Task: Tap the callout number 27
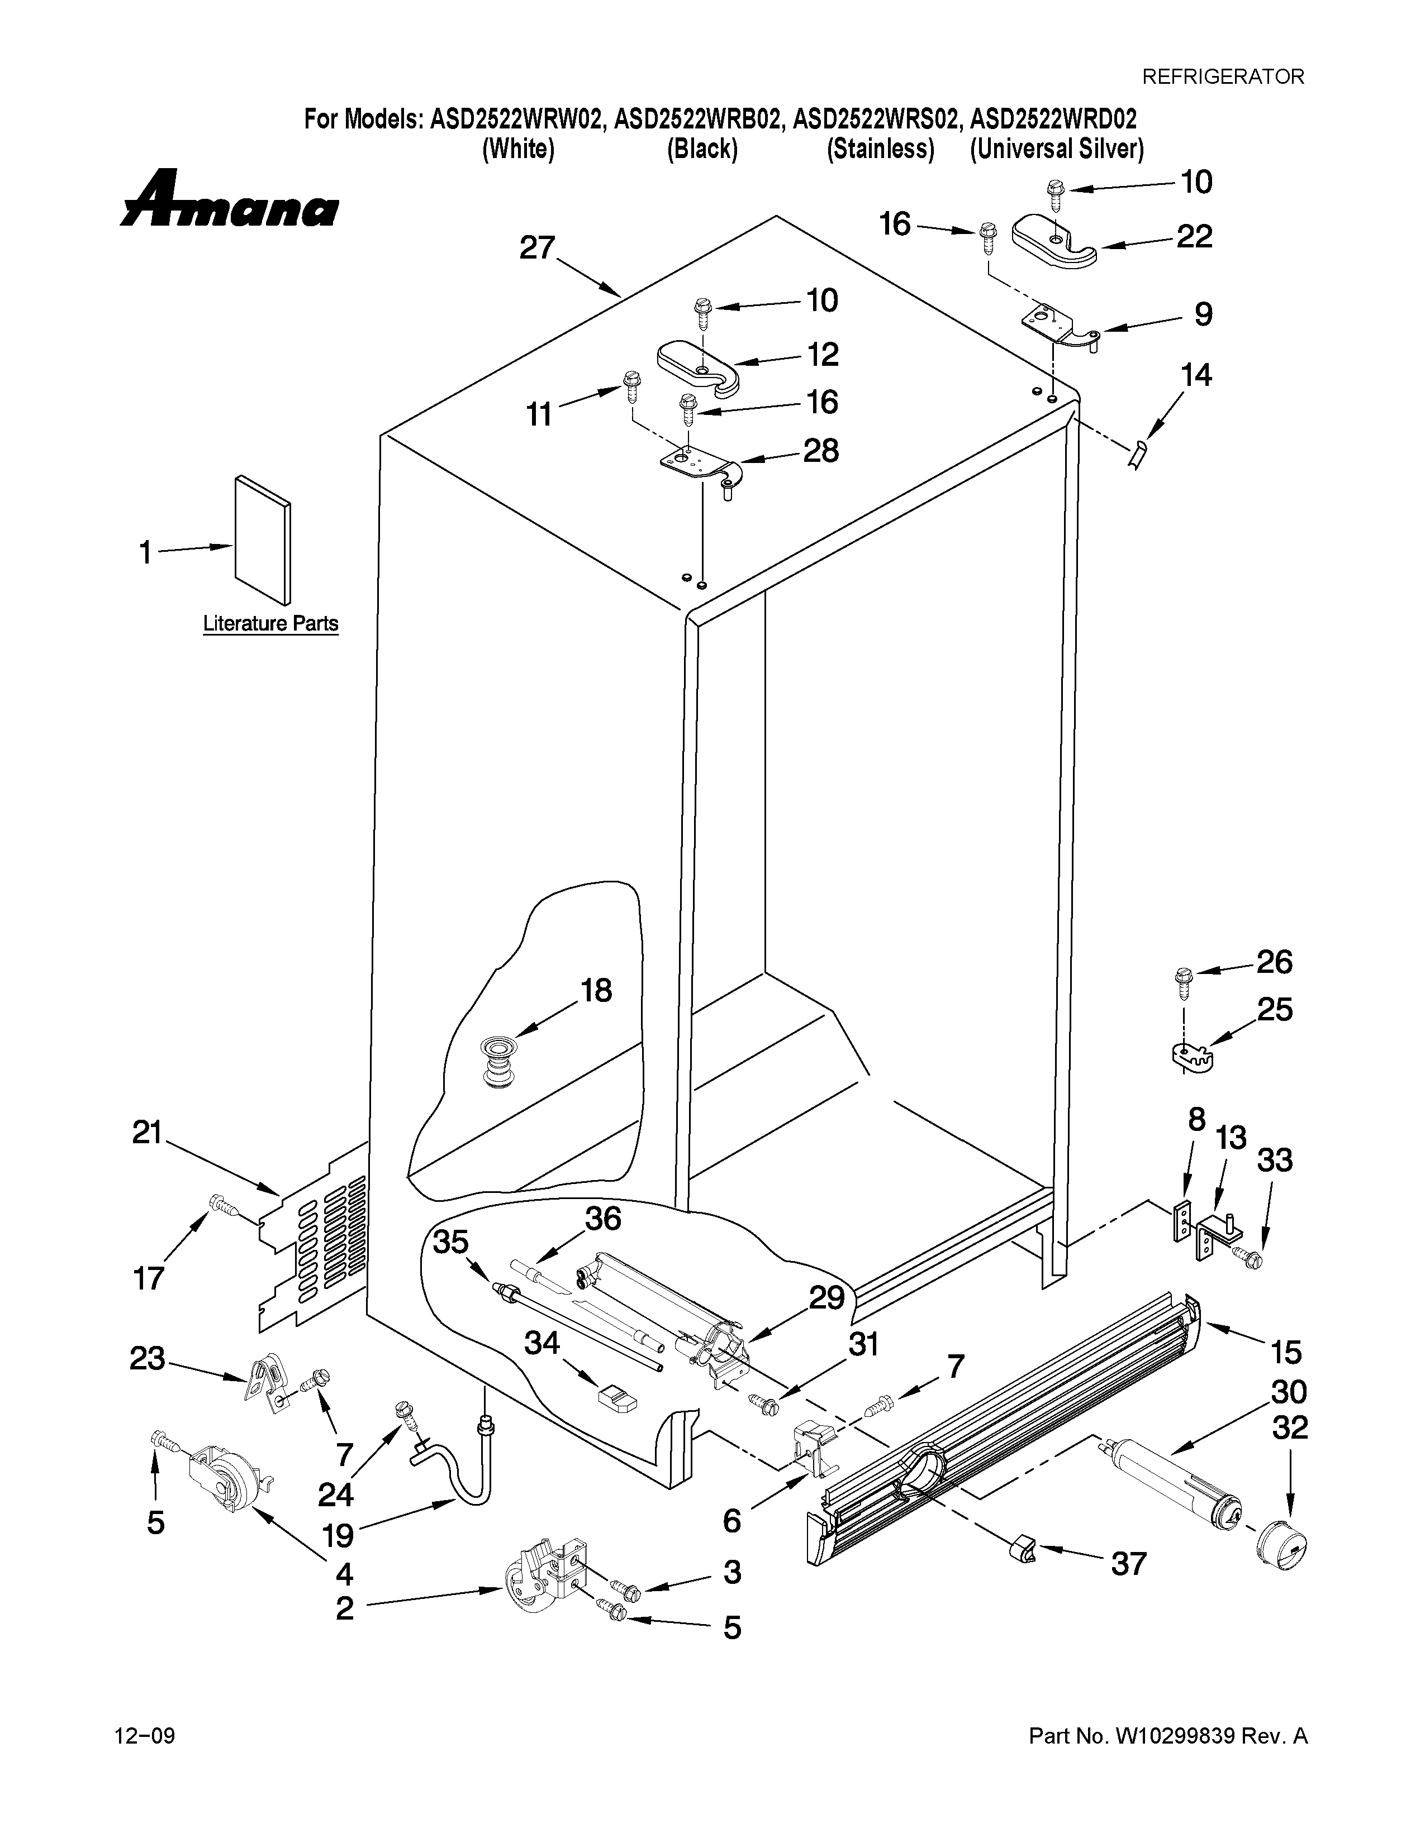[537, 248]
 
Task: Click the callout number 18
[596, 990]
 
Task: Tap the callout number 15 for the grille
[1286, 1353]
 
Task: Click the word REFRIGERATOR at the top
[1222, 77]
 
